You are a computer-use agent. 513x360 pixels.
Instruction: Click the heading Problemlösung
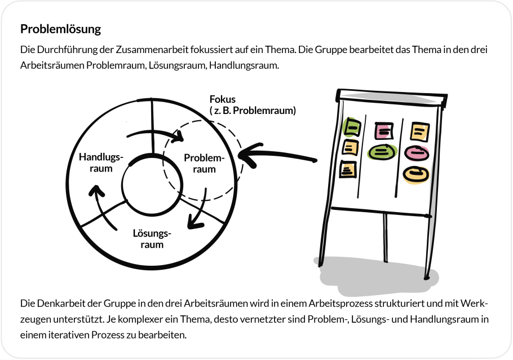coord(60,28)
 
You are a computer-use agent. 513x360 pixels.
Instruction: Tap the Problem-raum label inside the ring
coord(204,163)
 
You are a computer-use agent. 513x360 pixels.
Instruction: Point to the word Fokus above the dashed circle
coord(223,100)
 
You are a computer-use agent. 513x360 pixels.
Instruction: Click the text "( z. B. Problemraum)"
coord(252,111)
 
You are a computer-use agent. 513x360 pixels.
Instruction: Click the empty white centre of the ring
coord(152,185)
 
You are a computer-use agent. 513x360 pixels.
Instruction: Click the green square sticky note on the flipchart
coord(352,128)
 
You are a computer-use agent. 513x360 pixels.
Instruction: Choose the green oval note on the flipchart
coord(381,151)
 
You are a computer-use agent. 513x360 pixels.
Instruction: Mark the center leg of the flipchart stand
coord(385,237)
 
